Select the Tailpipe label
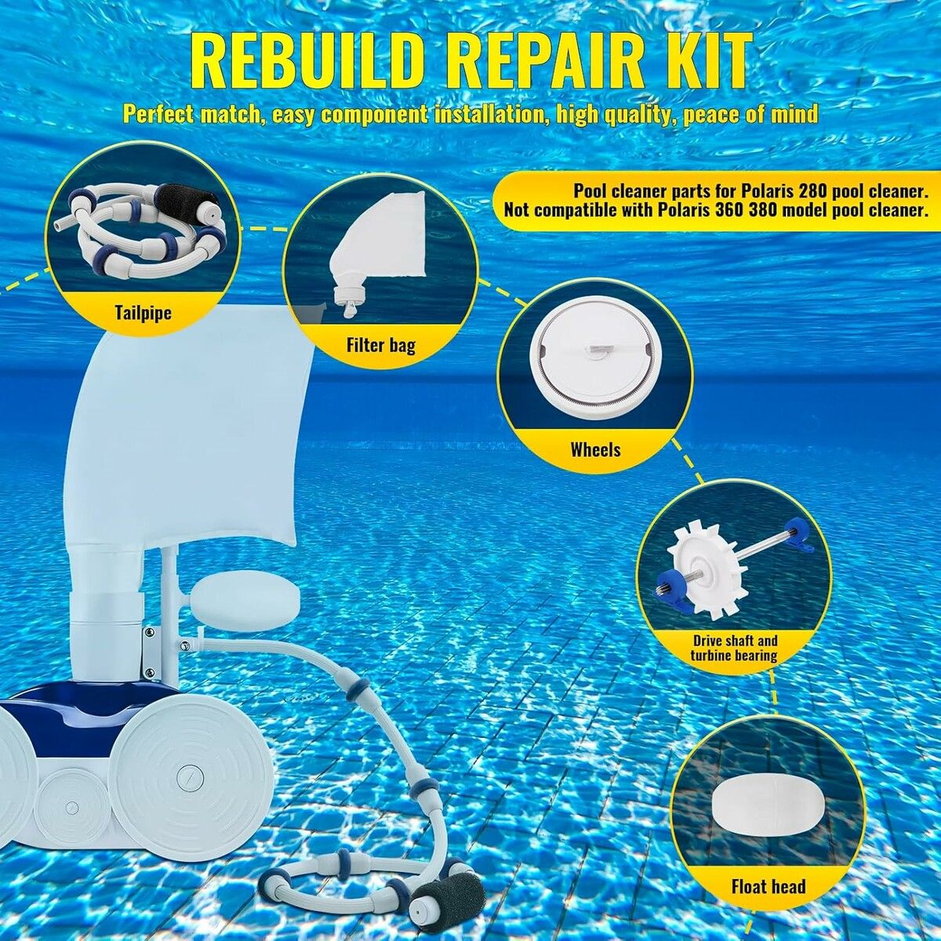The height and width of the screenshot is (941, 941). point(143,312)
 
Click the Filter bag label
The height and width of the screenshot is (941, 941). point(381,345)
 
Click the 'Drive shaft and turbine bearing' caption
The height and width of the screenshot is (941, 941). point(734,648)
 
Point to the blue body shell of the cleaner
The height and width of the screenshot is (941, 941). point(73,712)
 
